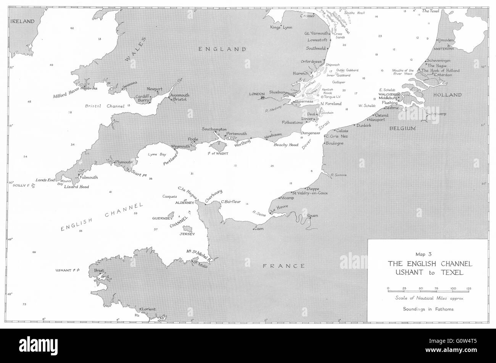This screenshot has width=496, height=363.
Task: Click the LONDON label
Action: click(256, 94)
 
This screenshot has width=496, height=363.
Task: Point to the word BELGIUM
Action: click(402, 129)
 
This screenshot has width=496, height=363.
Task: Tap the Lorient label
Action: click(149, 309)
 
